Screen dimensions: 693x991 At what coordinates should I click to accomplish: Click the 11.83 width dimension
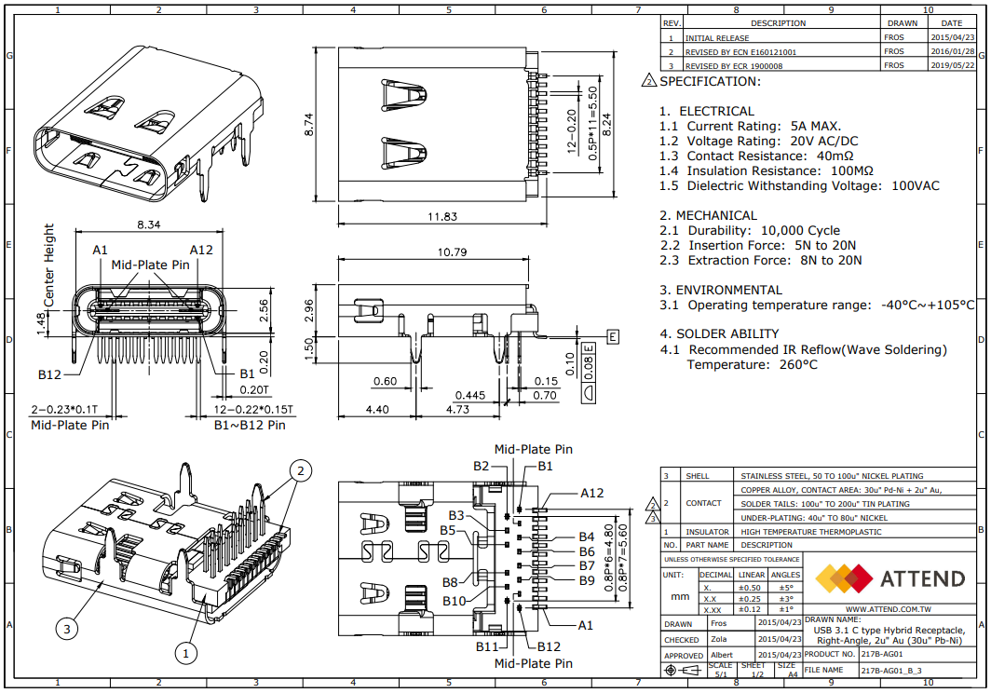click(x=442, y=217)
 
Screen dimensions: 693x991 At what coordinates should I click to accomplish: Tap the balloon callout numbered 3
click(x=66, y=630)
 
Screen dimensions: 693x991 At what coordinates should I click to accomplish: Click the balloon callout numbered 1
click(x=185, y=653)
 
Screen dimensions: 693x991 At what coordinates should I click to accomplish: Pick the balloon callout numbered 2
click(x=300, y=470)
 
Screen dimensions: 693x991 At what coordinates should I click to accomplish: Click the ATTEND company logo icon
click(x=844, y=578)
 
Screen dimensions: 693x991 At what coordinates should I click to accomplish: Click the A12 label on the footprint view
click(x=592, y=493)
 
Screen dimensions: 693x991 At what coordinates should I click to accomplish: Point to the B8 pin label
click(x=452, y=582)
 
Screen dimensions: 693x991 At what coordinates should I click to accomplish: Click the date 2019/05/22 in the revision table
click(x=953, y=66)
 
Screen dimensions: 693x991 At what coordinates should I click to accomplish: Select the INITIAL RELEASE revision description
click(x=717, y=38)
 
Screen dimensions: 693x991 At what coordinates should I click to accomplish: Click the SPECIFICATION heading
click(x=710, y=81)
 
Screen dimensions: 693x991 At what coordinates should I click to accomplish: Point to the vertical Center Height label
click(x=49, y=265)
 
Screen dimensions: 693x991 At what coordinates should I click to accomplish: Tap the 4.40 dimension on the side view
click(x=378, y=409)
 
